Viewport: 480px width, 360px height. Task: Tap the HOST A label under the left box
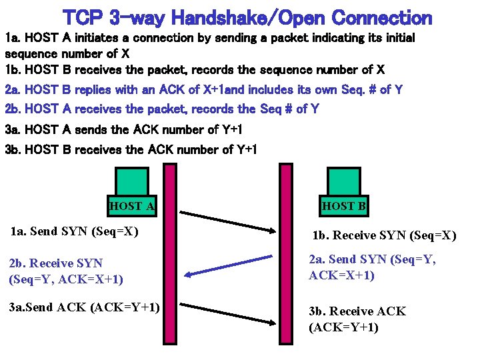click(x=132, y=206)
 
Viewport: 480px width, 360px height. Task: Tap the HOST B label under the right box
click(x=344, y=206)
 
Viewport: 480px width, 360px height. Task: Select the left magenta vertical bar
click(x=169, y=260)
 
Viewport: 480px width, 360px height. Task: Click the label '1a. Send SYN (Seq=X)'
click(x=75, y=232)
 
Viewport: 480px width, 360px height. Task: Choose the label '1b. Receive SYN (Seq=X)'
click(x=385, y=235)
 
